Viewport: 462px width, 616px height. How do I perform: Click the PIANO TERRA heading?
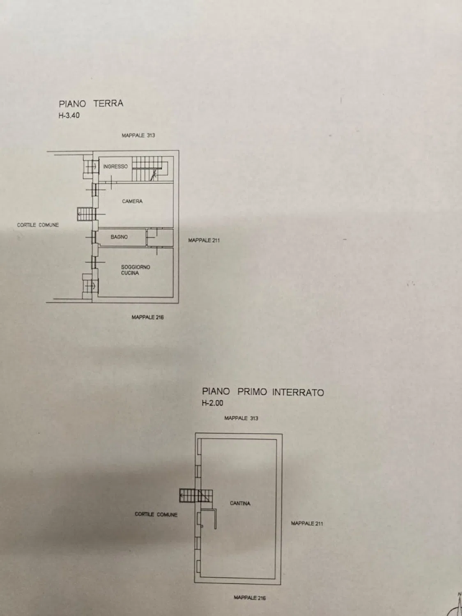tap(91, 103)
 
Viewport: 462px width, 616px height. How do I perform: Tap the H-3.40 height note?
tap(69, 115)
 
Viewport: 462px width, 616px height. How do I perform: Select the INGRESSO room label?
tap(115, 166)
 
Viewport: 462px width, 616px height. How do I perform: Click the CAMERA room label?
tap(132, 201)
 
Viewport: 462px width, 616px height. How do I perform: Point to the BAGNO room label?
tap(119, 237)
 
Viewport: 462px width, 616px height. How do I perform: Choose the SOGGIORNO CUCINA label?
tap(136, 270)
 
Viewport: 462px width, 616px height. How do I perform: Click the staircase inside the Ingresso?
tap(150, 169)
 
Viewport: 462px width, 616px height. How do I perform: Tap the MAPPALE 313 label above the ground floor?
tap(138, 135)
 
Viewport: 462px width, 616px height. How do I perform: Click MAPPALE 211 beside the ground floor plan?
tap(204, 240)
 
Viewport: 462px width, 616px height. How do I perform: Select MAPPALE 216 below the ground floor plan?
tap(147, 317)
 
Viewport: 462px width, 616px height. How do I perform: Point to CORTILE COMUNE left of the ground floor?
tap(38, 225)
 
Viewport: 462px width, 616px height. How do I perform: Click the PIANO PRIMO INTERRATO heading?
tap(263, 392)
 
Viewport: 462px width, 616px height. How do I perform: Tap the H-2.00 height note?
tap(212, 403)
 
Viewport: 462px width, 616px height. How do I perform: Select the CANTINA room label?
tap(240, 503)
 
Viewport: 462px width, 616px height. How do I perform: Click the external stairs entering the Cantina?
tap(196, 496)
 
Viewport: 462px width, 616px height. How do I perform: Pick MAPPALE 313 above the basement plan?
tap(241, 418)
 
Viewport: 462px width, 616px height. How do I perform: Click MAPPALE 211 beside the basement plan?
tap(307, 523)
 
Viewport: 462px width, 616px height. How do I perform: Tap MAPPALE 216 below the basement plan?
tap(250, 598)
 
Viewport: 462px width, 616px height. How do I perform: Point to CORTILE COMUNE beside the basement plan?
tap(156, 515)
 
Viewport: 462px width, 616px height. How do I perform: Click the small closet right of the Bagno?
tap(160, 237)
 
